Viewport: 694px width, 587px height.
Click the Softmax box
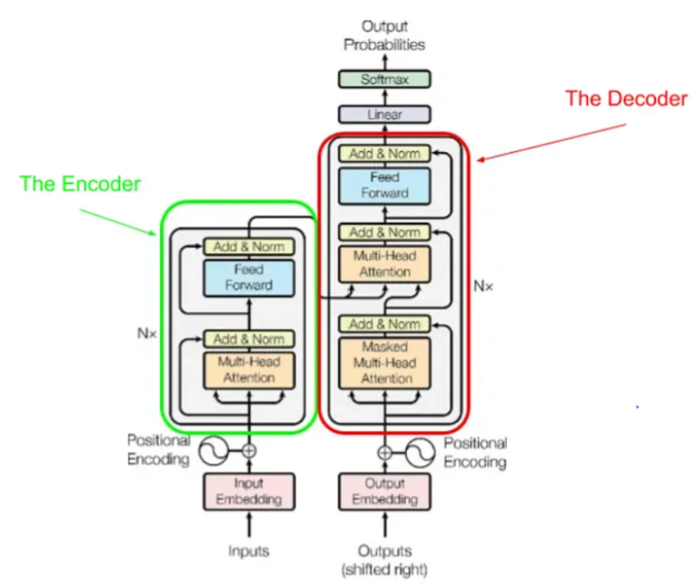[384, 80]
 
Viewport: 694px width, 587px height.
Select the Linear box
[384, 114]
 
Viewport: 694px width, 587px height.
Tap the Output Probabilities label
[384, 35]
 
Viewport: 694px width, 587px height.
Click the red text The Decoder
[626, 99]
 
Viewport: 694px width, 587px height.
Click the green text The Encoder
[80, 184]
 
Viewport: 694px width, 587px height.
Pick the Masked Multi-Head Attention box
[384, 363]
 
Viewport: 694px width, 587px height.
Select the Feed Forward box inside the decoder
[384, 185]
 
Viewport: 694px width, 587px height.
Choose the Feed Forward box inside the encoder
[248, 277]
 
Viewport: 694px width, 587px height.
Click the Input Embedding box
[248, 491]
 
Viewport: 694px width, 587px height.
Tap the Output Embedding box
[384, 491]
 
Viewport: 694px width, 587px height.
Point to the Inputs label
[248, 551]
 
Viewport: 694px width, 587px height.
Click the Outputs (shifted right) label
[384, 559]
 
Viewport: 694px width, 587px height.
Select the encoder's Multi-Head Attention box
[248, 369]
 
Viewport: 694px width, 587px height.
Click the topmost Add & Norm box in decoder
[384, 153]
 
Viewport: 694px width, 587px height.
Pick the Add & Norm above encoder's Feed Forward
[248, 246]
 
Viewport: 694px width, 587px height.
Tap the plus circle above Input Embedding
[248, 451]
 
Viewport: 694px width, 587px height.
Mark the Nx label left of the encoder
[147, 333]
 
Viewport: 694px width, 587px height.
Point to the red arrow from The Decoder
[552, 142]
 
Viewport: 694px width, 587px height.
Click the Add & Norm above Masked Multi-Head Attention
[384, 324]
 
